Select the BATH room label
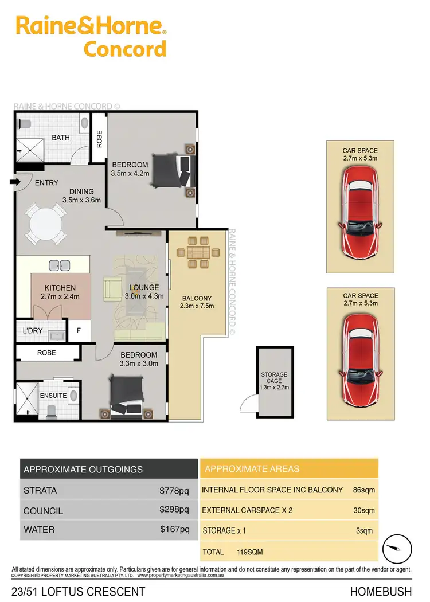pos(61,138)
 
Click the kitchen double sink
pos(60,264)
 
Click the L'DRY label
pos(32,331)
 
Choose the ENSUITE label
pos(53,396)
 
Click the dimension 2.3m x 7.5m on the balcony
pos(197,306)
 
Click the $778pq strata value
pos(174,491)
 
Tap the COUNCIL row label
pos(43,511)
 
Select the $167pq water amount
pos(174,530)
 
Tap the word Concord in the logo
pos(125,48)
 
